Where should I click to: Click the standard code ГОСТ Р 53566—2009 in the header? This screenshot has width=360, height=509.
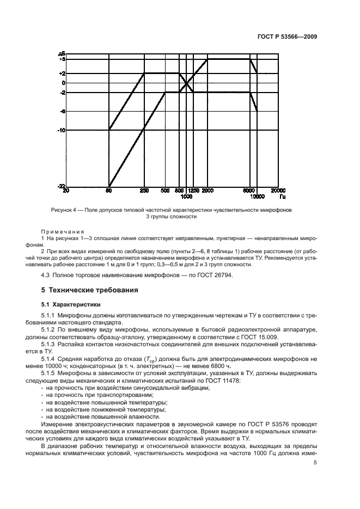(x=286, y=38)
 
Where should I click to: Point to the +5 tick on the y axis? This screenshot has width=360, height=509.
(x=62, y=59)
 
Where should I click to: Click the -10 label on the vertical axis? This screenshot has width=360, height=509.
(x=62, y=130)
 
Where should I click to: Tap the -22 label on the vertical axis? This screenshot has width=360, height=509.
(x=62, y=186)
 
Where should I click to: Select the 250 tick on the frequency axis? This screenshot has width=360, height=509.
(x=144, y=191)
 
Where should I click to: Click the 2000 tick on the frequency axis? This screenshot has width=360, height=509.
(x=208, y=191)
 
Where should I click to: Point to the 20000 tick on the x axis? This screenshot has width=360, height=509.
(x=279, y=191)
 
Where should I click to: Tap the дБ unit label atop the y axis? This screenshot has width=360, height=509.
(x=62, y=53)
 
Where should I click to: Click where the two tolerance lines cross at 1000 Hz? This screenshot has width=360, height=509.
(x=186, y=83)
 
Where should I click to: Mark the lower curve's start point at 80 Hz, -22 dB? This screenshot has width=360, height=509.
(x=109, y=186)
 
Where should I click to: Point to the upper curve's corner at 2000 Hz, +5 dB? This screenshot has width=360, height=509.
(x=208, y=59)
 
